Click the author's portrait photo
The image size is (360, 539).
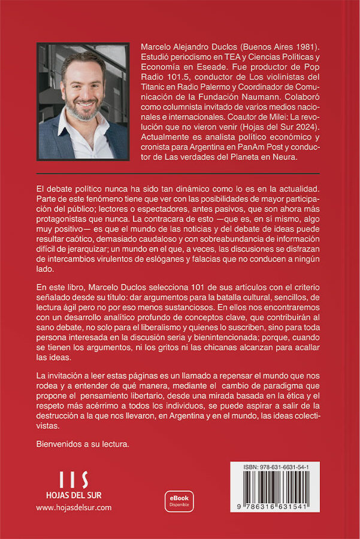pos(83,101)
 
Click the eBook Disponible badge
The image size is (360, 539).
pos(179,501)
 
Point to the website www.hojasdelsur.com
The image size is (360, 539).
pos(74,507)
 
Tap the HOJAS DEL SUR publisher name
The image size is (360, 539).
pos(74,495)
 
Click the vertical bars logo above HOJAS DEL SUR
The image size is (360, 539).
pos(74,480)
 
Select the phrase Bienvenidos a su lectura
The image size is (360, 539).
pos(83,444)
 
